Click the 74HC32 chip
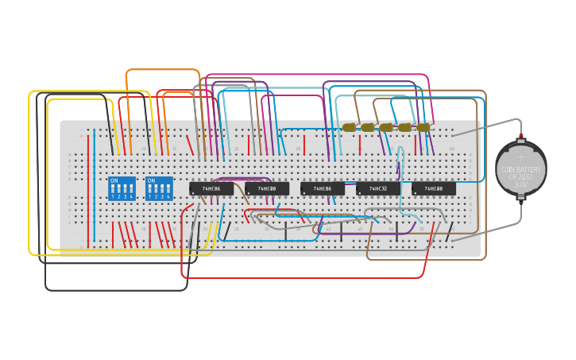tap(378, 188)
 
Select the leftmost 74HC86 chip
tap(211, 188)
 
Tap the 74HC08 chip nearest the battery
tap(434, 188)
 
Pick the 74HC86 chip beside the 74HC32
tap(323, 188)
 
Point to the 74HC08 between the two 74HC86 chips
tap(267, 188)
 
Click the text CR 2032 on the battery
tap(521, 176)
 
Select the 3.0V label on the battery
tap(521, 184)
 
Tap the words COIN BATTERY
tap(521, 168)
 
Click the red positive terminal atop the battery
tap(521, 137)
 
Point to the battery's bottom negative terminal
tap(521, 200)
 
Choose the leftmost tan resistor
tap(349, 127)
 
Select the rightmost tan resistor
tap(423, 127)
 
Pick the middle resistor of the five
tap(386, 127)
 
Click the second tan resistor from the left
tap(367, 127)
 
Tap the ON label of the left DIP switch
tap(114, 180)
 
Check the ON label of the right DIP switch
tap(151, 180)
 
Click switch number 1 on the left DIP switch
tap(113, 191)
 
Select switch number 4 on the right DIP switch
tap(168, 191)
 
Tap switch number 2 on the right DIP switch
tap(157, 191)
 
